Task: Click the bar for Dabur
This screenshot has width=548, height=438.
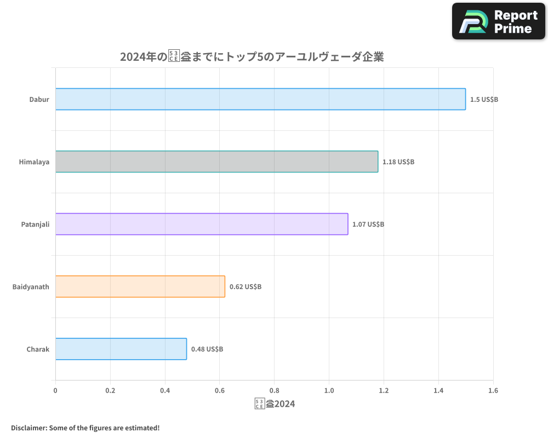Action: point(260,99)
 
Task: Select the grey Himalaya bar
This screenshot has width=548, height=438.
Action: point(216,162)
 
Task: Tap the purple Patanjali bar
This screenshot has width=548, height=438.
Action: point(202,224)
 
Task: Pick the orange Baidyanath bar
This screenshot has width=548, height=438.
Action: point(140,286)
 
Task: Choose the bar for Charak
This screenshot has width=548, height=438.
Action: point(121,349)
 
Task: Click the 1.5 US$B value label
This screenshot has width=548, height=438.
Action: point(484,100)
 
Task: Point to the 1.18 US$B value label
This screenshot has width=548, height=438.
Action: point(398,162)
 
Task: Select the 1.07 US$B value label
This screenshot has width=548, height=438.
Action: point(368,224)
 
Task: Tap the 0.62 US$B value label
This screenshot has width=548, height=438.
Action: point(246,287)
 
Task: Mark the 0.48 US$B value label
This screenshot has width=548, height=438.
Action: point(207,349)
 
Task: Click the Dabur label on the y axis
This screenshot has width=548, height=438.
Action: point(39,100)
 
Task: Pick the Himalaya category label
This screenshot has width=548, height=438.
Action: point(34,162)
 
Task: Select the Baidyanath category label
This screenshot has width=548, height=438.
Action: point(31,287)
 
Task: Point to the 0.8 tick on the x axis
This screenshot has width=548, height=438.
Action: point(274,391)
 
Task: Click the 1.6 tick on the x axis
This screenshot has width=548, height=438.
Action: point(493,391)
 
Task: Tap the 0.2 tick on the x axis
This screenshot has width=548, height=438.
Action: point(110,391)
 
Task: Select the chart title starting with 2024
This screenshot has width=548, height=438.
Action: point(252,57)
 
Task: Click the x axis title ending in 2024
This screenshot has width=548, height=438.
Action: point(275,404)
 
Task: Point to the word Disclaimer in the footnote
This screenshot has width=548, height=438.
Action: point(28,428)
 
